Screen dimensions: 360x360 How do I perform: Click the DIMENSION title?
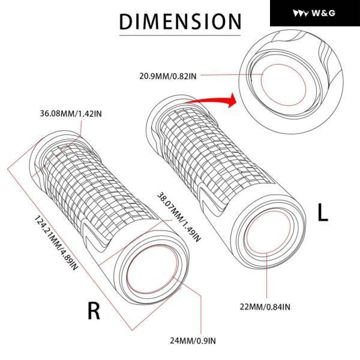click(x=180, y=22)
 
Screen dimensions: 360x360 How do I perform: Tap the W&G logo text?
click(x=323, y=13)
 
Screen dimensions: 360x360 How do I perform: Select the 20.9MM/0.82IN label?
click(x=168, y=76)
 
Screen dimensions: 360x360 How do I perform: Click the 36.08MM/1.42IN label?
click(x=71, y=113)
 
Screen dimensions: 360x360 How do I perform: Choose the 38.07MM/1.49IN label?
click(x=179, y=217)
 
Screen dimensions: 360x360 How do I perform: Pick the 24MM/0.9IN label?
click(x=193, y=341)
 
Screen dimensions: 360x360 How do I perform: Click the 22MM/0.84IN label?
click(x=265, y=307)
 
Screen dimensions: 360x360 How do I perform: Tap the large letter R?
click(x=94, y=311)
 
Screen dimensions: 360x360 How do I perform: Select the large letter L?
click(x=323, y=212)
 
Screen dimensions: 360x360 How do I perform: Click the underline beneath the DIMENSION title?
click(x=180, y=35)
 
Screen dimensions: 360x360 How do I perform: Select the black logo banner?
click(x=315, y=13)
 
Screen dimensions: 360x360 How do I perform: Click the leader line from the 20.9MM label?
click(x=231, y=74)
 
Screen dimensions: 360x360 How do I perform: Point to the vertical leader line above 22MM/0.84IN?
click(x=267, y=275)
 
